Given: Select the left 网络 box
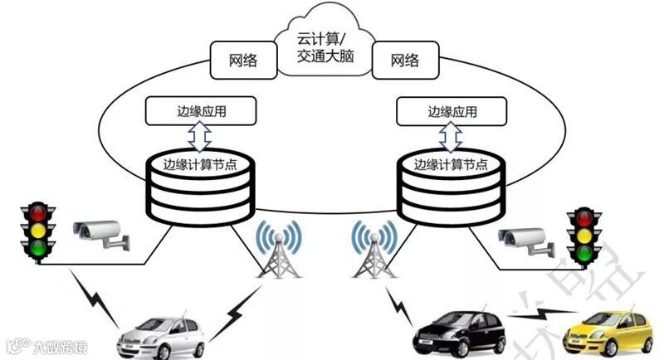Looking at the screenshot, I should click(242, 61).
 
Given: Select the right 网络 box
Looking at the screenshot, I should click(404, 61).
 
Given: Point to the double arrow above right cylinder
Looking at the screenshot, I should click(453, 134).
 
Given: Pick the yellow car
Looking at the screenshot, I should click(603, 332).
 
